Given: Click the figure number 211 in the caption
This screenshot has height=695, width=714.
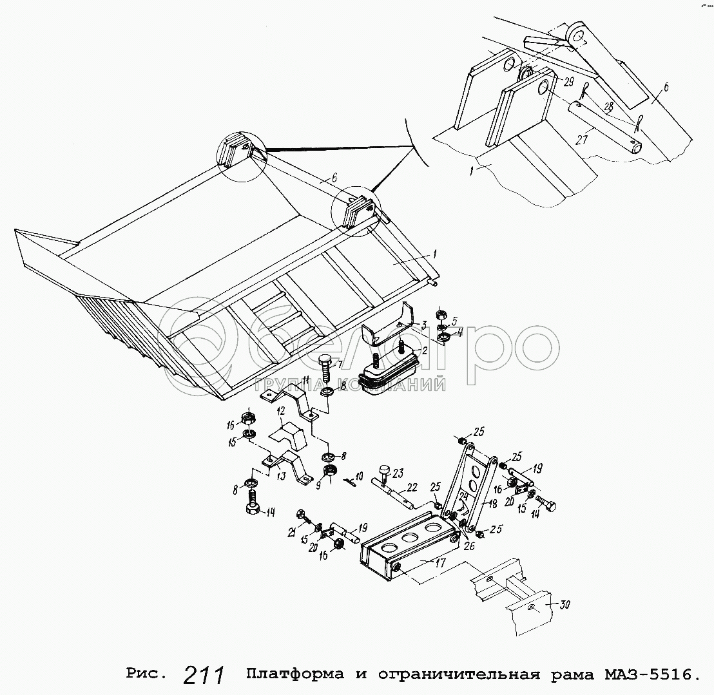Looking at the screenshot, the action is (x=204, y=674).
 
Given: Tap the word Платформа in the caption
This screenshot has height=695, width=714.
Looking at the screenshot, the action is (x=295, y=674).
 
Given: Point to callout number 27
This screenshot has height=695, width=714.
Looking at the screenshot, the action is (x=581, y=139).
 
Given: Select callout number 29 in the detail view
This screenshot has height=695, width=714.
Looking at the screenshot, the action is (x=569, y=82).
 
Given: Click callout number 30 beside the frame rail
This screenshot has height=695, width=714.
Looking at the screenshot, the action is (x=564, y=605).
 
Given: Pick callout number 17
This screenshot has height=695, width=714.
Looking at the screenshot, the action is (x=440, y=563).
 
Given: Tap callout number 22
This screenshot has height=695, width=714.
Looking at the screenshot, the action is (x=412, y=488).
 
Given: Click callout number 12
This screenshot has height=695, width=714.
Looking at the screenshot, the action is (x=280, y=410).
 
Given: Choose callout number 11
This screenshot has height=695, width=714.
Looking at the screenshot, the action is (x=305, y=379).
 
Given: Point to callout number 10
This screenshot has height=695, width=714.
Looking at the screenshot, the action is (x=359, y=477).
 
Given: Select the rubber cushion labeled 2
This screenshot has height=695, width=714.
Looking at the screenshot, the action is (x=388, y=368).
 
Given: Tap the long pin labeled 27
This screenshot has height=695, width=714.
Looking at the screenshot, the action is (x=606, y=127).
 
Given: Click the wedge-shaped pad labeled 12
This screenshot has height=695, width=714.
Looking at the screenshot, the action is (x=288, y=436).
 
